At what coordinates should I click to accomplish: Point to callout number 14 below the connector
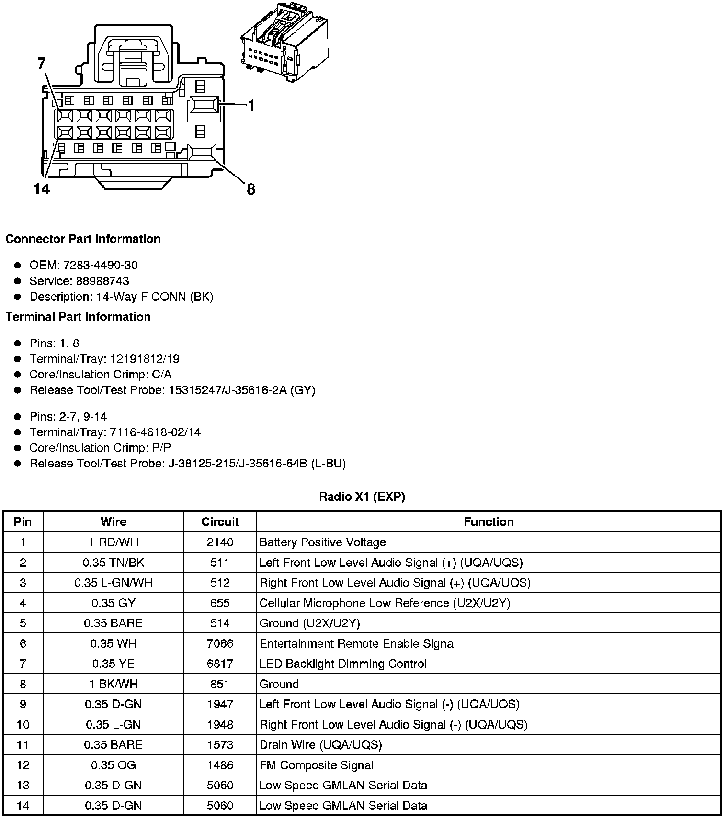pyautogui.click(x=42, y=189)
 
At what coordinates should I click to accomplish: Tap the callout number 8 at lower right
pyautogui.click(x=250, y=189)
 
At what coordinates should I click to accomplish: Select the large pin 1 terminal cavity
pyautogui.click(x=204, y=105)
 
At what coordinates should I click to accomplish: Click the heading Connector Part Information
pyautogui.click(x=83, y=239)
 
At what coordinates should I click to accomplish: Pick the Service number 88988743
pyautogui.click(x=102, y=281)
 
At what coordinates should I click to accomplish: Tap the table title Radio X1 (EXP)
pyautogui.click(x=362, y=497)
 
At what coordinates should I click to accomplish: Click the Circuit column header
pyautogui.click(x=220, y=522)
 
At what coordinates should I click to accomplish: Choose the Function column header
pyautogui.click(x=489, y=522)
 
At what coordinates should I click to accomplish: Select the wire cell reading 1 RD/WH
pyautogui.click(x=114, y=542)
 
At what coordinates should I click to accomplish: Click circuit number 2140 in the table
pyautogui.click(x=220, y=542)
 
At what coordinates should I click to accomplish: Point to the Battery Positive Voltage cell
pyautogui.click(x=322, y=542)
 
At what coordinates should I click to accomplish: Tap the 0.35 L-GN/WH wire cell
pyautogui.click(x=114, y=583)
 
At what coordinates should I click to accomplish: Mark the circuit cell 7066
pyautogui.click(x=220, y=644)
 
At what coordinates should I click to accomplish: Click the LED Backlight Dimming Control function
pyautogui.click(x=343, y=664)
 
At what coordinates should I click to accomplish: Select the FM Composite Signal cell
pyautogui.click(x=316, y=765)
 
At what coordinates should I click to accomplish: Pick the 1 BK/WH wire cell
pyautogui.click(x=114, y=684)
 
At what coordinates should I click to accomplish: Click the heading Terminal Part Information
pyautogui.click(x=78, y=317)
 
